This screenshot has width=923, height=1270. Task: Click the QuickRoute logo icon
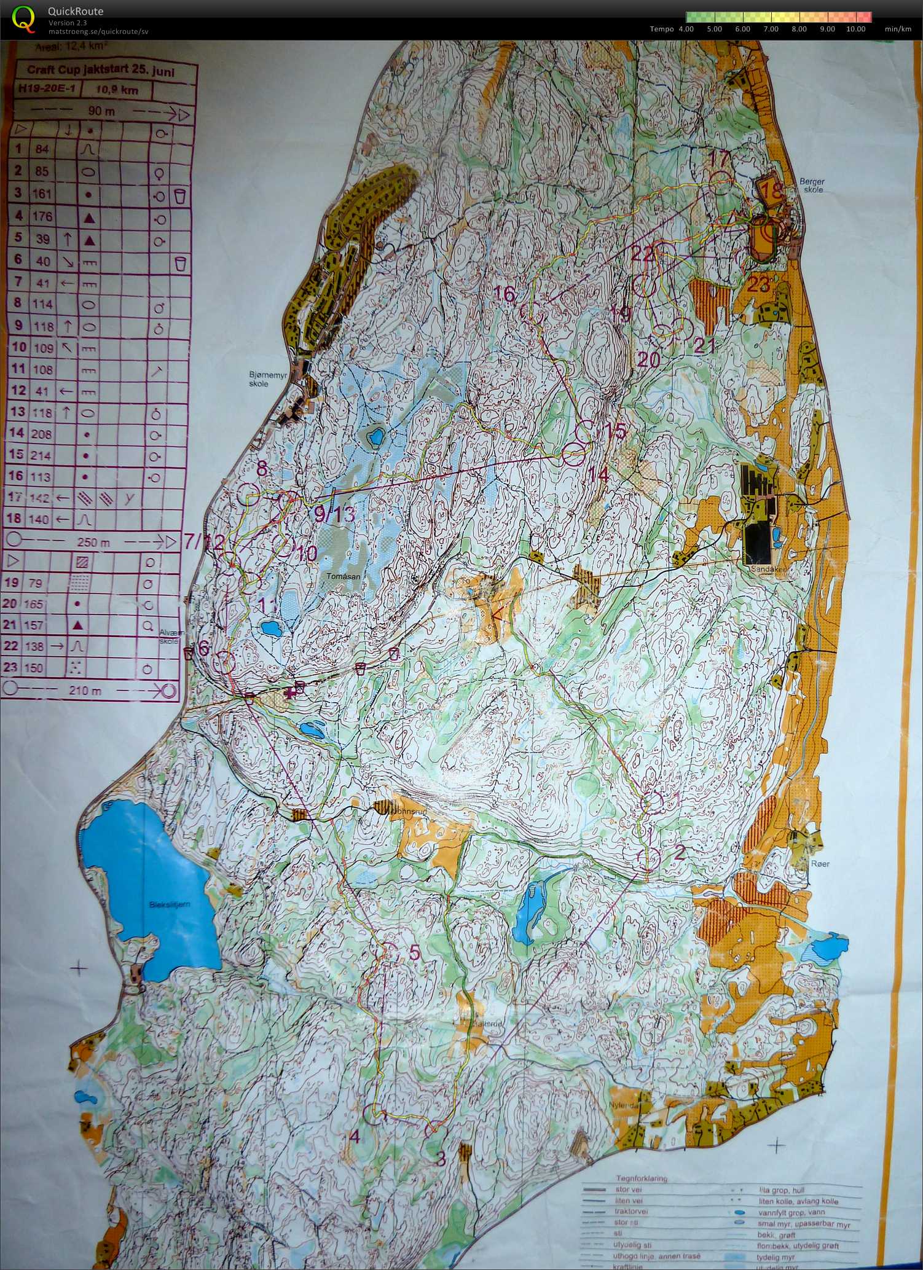coord(23,18)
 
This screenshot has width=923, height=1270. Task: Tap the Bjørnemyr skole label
coord(267,379)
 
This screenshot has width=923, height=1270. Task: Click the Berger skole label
coord(812,186)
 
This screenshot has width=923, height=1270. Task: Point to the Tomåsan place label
coord(343,576)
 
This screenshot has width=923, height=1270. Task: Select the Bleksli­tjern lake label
coord(170,904)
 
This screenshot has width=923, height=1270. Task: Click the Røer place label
coord(820,864)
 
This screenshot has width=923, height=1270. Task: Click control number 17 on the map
coord(720,158)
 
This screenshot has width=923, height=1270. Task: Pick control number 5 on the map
coord(414,952)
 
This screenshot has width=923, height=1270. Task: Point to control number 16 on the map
coord(505,295)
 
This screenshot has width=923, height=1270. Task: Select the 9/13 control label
coord(334,514)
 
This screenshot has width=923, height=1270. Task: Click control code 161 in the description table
coord(42,194)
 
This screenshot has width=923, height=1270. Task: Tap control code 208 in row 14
coord(41,434)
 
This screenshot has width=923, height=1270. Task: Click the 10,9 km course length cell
coord(117,90)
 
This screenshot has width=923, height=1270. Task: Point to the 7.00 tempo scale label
coord(771,29)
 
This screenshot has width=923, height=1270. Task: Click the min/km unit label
coord(898,29)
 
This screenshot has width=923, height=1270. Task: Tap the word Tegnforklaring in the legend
coord(641,1178)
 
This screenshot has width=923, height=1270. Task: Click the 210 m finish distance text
coord(85,691)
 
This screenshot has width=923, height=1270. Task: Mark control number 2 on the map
coord(679,852)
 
